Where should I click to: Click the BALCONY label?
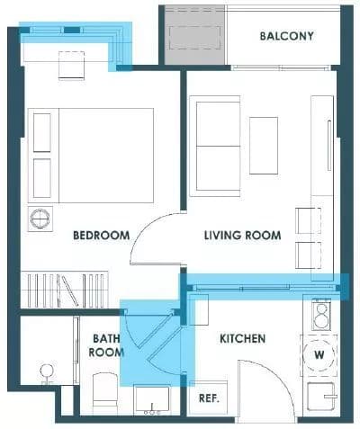[x=286, y=36]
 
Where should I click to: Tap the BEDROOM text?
[x=102, y=236]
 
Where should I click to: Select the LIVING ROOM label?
[x=242, y=236]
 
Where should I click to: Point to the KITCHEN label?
[x=243, y=339]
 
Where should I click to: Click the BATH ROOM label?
[x=106, y=345]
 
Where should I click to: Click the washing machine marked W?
[x=319, y=354]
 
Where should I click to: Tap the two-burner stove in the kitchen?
[x=321, y=315]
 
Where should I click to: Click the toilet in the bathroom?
[x=104, y=393]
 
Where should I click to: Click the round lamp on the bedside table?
[x=40, y=219]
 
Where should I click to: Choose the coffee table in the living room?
[x=264, y=146]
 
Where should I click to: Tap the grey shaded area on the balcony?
[x=194, y=36]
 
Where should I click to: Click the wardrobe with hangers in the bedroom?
[x=64, y=290]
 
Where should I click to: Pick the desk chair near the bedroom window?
[x=71, y=66]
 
